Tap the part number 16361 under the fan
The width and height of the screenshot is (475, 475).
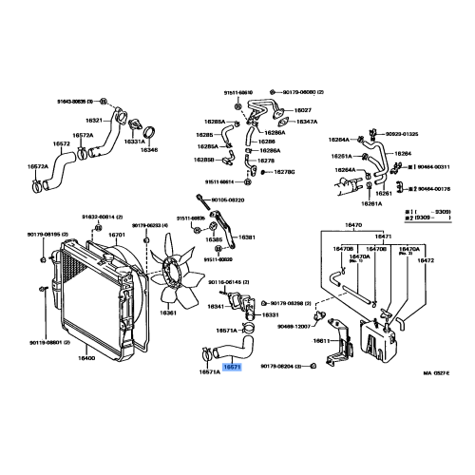click(169, 313)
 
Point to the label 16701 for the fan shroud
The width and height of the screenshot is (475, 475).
click(117, 234)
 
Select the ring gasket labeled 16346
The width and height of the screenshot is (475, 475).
click(149, 150)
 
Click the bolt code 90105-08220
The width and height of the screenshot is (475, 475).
click(228, 200)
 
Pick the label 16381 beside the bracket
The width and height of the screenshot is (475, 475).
click(247, 237)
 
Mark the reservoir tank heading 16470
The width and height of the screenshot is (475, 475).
click(353, 225)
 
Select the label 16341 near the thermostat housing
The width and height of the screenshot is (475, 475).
click(216, 307)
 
